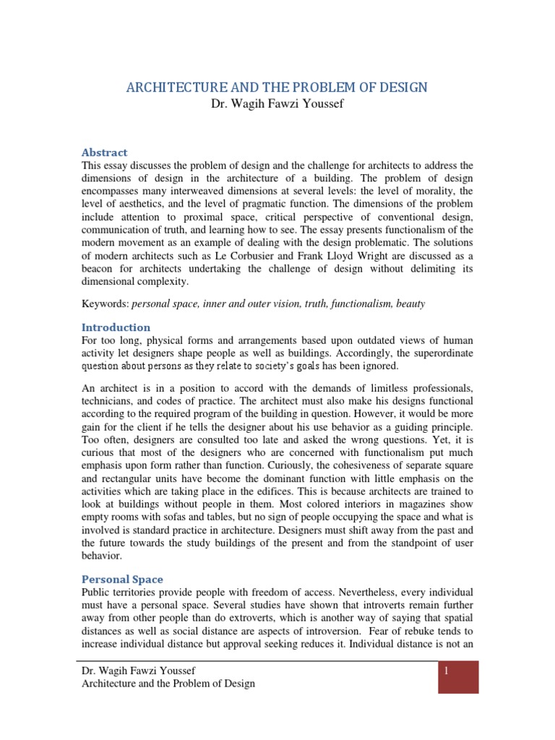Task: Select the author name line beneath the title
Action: (277, 105)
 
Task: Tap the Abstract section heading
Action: (104, 152)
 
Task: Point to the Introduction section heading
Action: (116, 327)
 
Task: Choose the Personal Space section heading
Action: (122, 579)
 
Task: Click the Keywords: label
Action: (105, 304)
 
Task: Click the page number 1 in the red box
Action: (447, 671)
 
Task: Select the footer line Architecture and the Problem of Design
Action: (169, 683)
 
